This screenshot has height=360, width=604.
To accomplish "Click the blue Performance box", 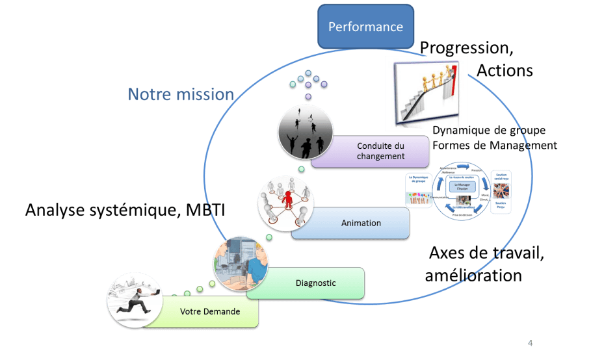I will pyautogui.click(x=365, y=27).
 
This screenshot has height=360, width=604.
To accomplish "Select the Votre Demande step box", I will pyautogui.click(x=210, y=312).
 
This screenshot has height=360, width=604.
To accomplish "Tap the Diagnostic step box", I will pyautogui.click(x=315, y=283).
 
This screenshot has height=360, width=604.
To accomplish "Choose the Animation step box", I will pyautogui.click(x=361, y=224).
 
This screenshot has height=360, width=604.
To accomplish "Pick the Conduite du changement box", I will pyautogui.click(x=381, y=151).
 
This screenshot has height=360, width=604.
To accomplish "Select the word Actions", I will pyautogui.click(x=505, y=70).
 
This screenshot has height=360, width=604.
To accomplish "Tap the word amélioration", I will pyautogui.click(x=473, y=275).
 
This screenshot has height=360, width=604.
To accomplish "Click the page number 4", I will pyautogui.click(x=530, y=342).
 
